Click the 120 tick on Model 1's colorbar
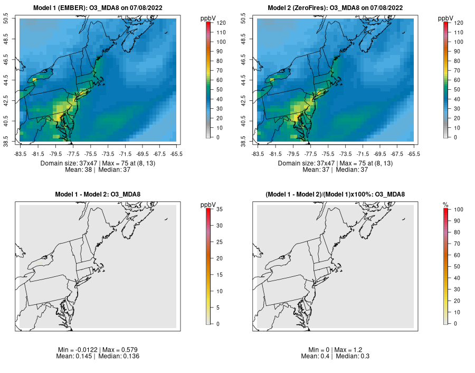[x=217, y=23]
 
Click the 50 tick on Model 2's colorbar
[x=454, y=89]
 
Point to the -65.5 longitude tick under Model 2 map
[x=414, y=154]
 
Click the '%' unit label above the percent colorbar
[x=445, y=204]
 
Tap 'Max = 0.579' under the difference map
[x=120, y=350]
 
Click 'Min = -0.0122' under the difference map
[x=79, y=350]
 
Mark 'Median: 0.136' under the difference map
[x=119, y=356]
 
